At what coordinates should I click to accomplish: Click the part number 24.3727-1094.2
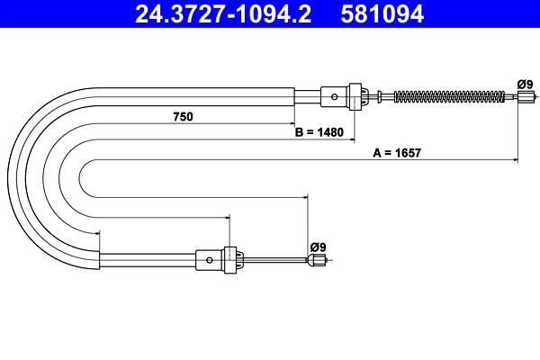coord(223,14)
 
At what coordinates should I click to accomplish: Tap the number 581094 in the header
coord(382,14)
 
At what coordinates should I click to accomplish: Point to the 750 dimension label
coord(184,117)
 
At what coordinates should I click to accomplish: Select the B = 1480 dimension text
coord(319,132)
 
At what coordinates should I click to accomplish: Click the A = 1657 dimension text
coord(397,153)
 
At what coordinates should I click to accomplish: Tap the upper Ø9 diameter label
coord(525,84)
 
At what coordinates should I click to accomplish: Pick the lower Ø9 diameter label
coord(318,247)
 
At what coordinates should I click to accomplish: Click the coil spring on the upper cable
coord(449,96)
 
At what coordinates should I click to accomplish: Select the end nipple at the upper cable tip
coord(526,96)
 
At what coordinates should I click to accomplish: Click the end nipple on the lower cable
coord(317,260)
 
